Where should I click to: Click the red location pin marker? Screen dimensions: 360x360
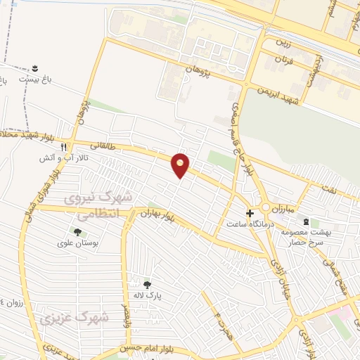click(181, 164)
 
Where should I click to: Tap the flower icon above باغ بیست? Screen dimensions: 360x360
click(33, 68)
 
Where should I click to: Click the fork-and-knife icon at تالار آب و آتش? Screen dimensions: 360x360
click(63, 148)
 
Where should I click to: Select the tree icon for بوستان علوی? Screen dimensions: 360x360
click(77, 231)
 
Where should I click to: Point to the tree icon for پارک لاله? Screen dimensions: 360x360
click(147, 284)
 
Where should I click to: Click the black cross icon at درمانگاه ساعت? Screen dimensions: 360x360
click(250, 212)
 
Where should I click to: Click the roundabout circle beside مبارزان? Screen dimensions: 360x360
click(266, 208)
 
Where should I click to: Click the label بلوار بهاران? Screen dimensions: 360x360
click(156, 213)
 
